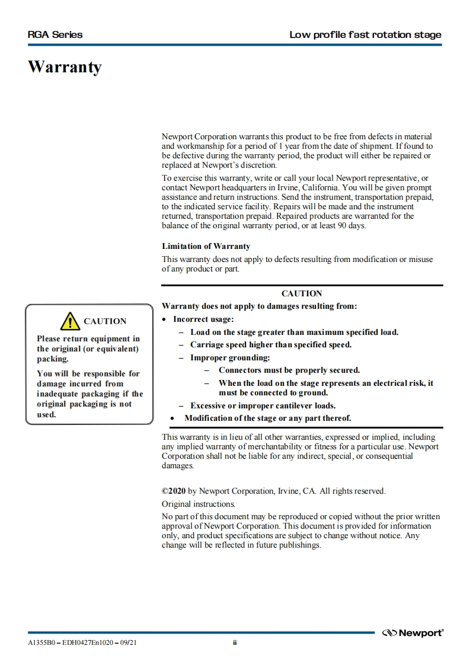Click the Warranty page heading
pyautogui.click(x=65, y=67)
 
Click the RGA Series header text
pyautogui.click(x=55, y=34)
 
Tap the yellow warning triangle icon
pyautogui.click(x=70, y=321)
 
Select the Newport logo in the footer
pyautogui.click(x=413, y=633)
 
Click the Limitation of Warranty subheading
pyautogui.click(x=206, y=246)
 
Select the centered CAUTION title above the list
pyautogui.click(x=302, y=293)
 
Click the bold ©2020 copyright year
pyautogui.click(x=174, y=491)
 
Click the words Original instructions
pyautogui.click(x=198, y=504)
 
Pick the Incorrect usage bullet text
pyautogui.click(x=203, y=319)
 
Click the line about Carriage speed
pyautogui.click(x=271, y=344)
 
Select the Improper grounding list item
pyautogui.click(x=230, y=357)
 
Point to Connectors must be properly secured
pyautogui.click(x=289, y=370)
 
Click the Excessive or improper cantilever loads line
pyautogui.click(x=263, y=405)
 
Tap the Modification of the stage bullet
pyautogui.click(x=267, y=418)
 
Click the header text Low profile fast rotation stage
pyautogui.click(x=365, y=34)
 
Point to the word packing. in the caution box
pyautogui.click(x=53, y=359)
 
